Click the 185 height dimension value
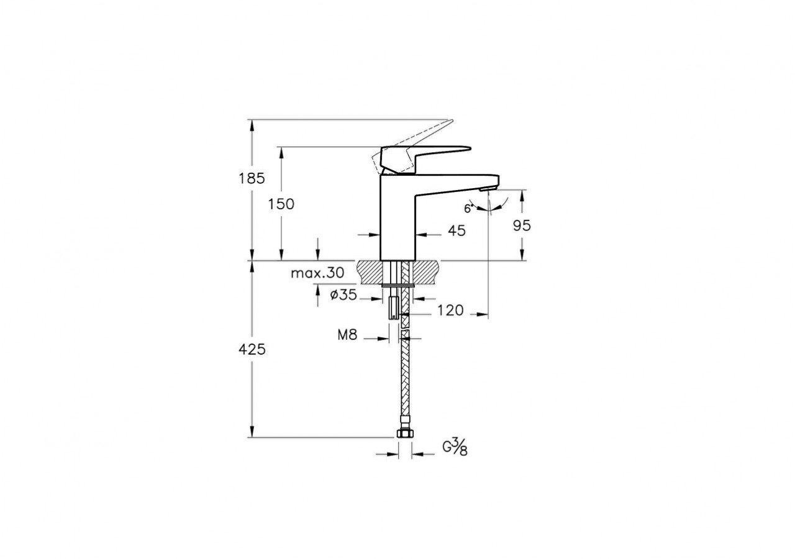tap(252, 178)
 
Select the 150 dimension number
tap(281, 204)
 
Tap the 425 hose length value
tap(252, 349)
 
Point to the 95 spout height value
tap(522, 225)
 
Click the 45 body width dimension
tap(457, 230)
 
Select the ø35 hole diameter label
tap(343, 296)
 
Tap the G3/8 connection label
tap(455, 447)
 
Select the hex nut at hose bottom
tap(404, 433)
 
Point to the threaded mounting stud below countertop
tap(393, 307)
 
